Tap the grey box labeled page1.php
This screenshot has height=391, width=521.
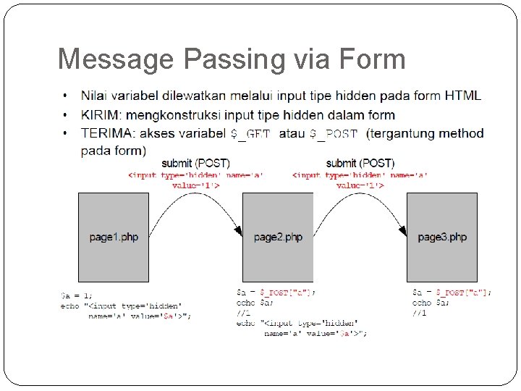coord(114,237)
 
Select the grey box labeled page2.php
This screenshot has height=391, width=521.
coord(278,237)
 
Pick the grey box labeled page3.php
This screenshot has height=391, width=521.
coord(442,237)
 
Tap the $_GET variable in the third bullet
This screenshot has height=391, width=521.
coord(250,134)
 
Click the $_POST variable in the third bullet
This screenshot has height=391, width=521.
coord(334,134)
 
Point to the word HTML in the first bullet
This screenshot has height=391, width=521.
coord(463,96)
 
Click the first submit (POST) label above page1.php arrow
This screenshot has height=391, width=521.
coord(196,163)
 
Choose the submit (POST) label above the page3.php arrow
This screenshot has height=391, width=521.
coord(360,163)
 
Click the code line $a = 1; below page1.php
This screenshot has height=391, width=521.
coord(77,295)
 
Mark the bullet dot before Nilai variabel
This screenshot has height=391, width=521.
coord(65,96)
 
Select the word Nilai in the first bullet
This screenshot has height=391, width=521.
coord(94,96)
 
